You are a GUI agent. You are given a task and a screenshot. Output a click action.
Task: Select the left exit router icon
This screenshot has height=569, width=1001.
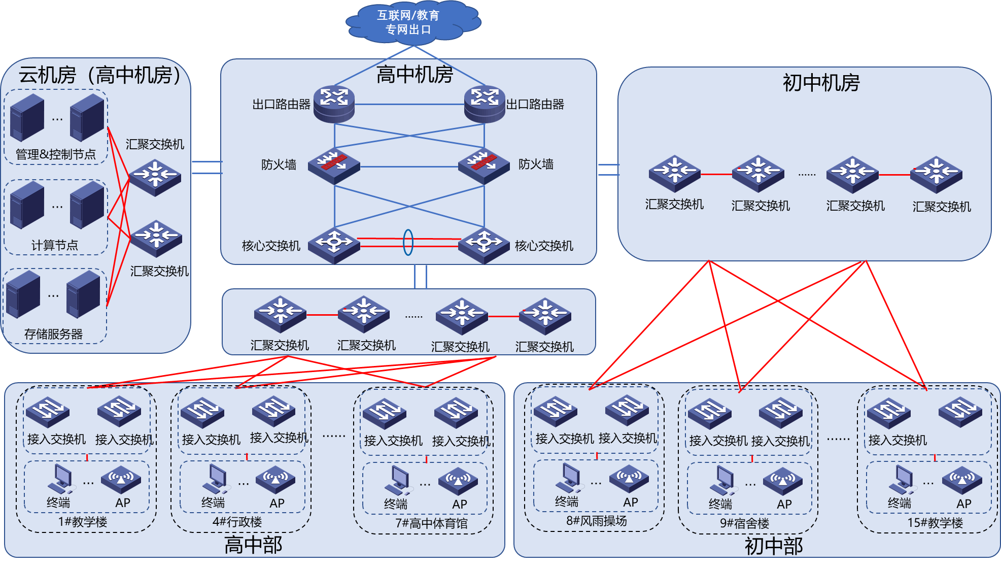point(334,104)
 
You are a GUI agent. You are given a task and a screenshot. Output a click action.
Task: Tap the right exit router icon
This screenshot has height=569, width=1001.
point(484,104)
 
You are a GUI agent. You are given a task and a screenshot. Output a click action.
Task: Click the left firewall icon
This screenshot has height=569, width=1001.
point(333,165)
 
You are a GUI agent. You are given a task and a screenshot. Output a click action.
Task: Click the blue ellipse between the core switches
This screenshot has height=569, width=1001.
point(408,242)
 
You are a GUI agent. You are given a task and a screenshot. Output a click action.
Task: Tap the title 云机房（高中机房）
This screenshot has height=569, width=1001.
point(99,75)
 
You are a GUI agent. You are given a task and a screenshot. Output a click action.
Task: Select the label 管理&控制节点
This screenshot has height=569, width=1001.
point(56,154)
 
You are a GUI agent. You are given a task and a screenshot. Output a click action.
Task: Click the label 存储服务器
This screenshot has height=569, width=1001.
point(53,334)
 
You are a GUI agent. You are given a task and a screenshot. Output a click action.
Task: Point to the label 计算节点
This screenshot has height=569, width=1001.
point(55,245)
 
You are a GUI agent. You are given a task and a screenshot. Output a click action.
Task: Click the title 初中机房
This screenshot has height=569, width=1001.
point(821,83)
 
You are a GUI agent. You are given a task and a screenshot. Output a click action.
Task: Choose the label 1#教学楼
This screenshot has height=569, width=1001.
point(83,522)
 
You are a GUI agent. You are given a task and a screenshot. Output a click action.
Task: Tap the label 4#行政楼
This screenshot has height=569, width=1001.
point(237,522)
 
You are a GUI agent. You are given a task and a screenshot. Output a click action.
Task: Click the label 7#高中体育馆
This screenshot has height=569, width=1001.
point(431,523)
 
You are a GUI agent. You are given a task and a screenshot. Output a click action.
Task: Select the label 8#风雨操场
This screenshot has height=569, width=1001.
point(597,521)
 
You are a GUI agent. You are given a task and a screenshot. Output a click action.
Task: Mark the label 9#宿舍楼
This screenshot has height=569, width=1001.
point(744,523)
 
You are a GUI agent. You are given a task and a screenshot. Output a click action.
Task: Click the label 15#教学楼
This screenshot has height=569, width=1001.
point(935,523)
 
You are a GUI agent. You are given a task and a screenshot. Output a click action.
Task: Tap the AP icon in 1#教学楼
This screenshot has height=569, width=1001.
point(121,479)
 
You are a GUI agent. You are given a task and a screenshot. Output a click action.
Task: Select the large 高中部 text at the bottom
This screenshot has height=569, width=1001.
point(253,545)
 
